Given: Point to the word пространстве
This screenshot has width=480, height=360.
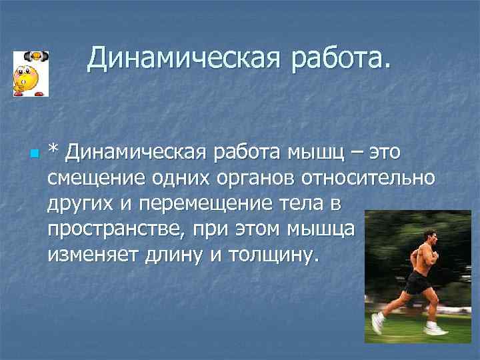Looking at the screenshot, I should (117, 229).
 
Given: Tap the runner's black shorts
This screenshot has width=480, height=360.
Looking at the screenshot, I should (418, 283).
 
